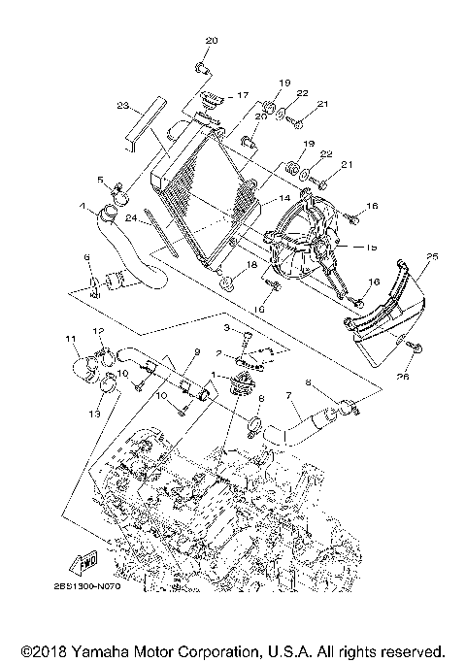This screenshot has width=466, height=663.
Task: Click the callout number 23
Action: click(122, 106)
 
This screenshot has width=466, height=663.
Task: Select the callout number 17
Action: click(243, 96)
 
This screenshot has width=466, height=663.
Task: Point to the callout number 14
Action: click(284, 199)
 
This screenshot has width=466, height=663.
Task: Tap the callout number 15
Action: click(371, 248)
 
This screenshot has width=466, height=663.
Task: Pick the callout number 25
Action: click(432, 256)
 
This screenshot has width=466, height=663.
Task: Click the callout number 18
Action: click(250, 264)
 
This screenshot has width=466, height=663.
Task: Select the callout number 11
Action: click(71, 338)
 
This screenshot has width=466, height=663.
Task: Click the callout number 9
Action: click(196, 351)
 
